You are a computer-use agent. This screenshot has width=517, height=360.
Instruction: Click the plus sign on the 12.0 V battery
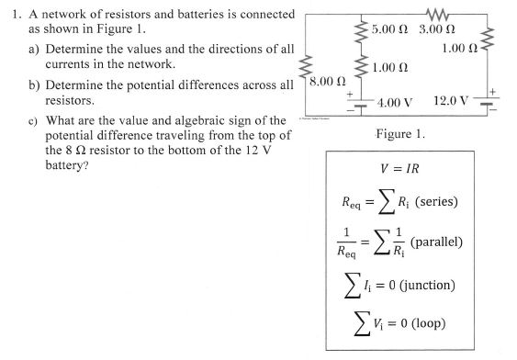click(497, 90)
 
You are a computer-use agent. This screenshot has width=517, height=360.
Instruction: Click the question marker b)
click(37, 83)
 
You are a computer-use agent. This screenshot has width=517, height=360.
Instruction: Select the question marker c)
click(37, 121)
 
